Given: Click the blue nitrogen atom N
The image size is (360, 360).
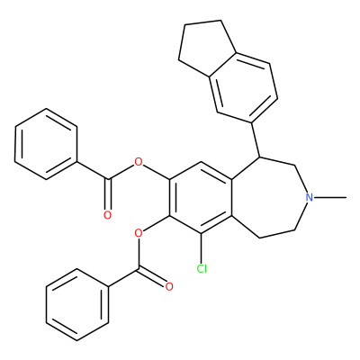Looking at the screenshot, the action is point(310,197).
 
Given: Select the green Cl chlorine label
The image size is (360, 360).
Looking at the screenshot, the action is point(202,269).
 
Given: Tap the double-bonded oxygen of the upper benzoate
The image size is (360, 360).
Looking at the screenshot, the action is point(107,215).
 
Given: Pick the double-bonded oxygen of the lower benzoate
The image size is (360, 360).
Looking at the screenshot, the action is point(169,286).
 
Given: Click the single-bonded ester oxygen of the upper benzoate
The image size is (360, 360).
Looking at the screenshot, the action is point(139,162).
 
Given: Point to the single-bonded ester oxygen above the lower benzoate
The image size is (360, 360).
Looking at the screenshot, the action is point(139,233).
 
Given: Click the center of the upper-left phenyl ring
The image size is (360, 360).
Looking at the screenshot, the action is point(46,144).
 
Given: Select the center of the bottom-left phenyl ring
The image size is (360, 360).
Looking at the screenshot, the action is point(77,304).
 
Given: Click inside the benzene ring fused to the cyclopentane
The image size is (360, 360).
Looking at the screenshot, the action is point(244,87).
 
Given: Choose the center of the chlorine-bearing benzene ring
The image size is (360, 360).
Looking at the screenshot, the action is point(201,198).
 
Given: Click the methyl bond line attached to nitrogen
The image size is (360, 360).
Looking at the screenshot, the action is point(330,197).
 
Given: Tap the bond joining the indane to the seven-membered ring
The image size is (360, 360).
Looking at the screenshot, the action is point(256,139).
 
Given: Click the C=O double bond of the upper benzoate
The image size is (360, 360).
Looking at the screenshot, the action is point(108,195).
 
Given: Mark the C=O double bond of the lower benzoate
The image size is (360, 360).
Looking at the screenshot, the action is point(152,277).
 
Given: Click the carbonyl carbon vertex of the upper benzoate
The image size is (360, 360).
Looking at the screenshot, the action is point(108,180).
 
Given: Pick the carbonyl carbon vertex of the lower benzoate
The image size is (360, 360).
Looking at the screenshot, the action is point(139,269).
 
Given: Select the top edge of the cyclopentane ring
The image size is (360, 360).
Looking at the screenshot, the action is point(202,22).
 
